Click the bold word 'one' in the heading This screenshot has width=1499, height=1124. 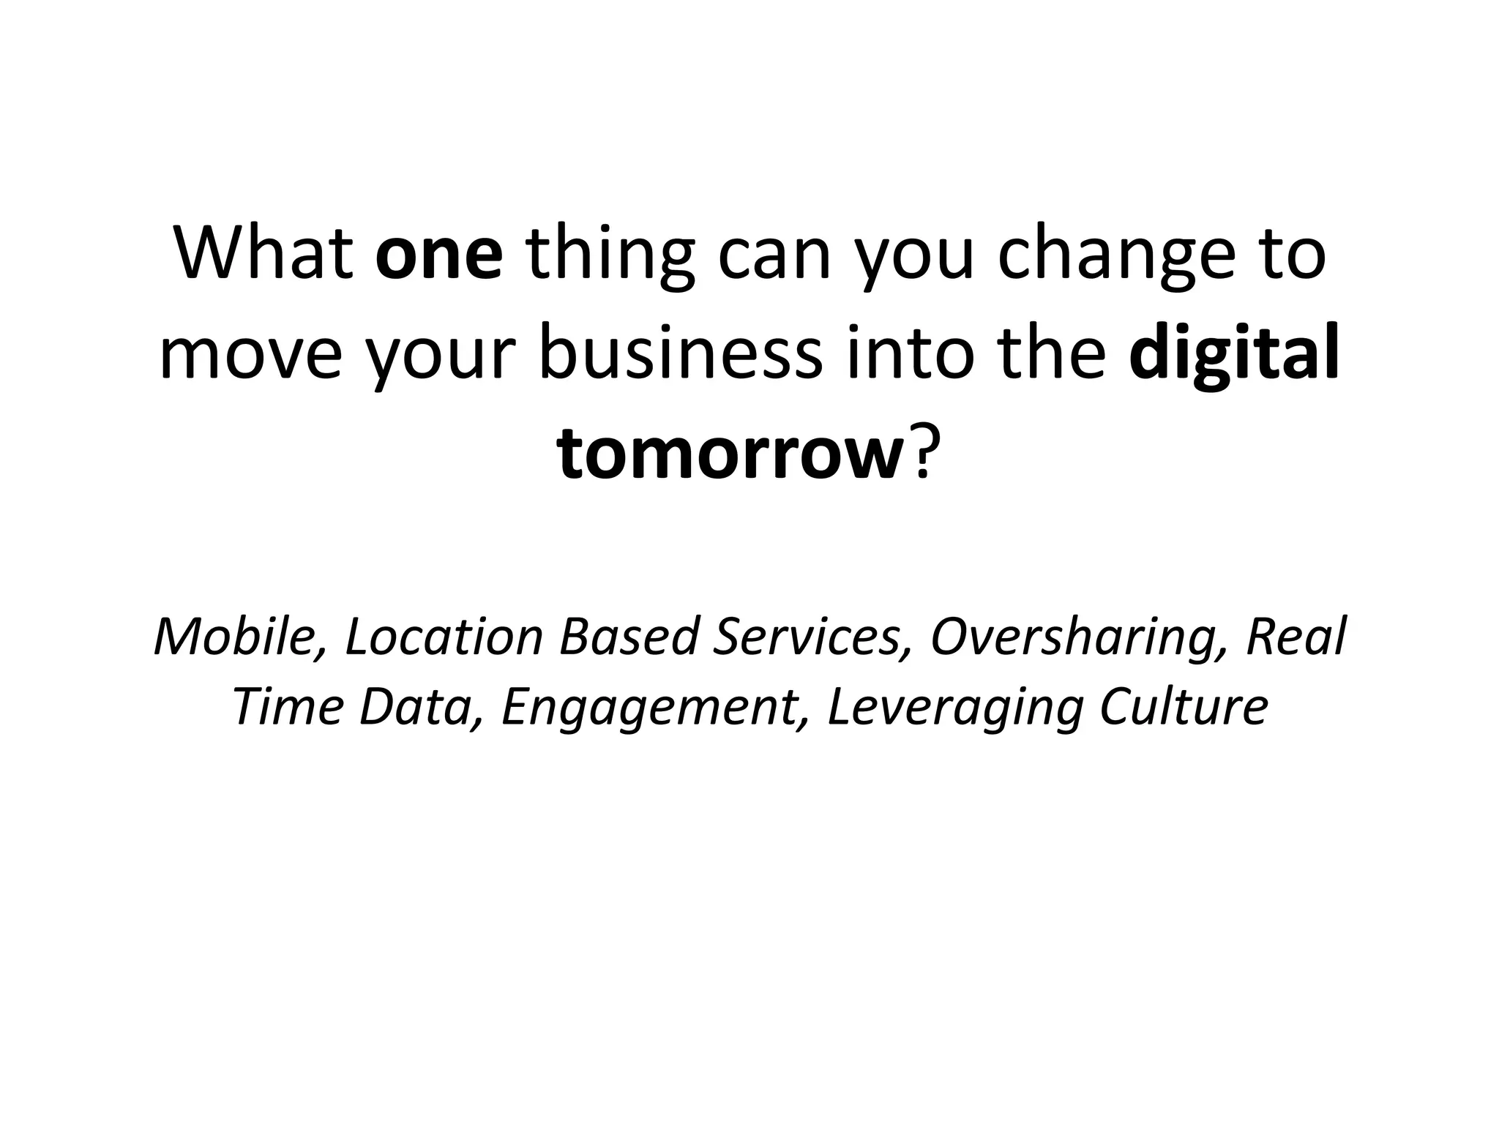coord(439,258)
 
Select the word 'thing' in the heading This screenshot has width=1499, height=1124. coord(610,258)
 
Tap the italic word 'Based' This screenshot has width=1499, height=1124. coord(629,637)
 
